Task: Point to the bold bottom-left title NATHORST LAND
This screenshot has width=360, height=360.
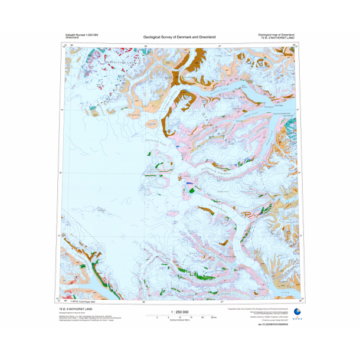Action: (76, 309)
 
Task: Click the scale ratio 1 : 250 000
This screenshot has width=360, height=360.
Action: (179, 312)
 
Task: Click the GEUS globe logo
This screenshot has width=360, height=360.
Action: (296, 313)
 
